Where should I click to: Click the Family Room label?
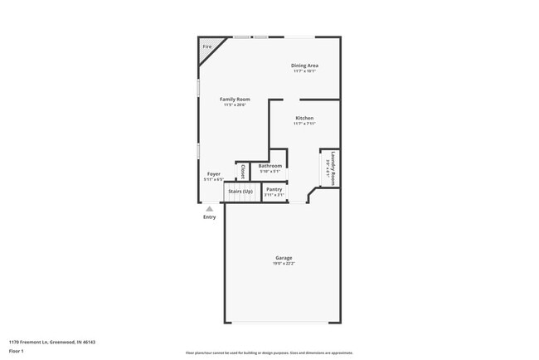coord(236,99)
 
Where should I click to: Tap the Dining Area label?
coord(304,66)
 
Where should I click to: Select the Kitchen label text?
coord(304,118)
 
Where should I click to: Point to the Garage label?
coord(284,257)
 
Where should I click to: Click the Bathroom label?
coord(269,166)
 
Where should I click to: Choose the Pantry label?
coord(274,190)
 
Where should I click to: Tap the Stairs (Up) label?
coord(240,191)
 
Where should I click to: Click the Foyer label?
coord(214,173)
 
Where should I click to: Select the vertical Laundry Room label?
coord(333,167)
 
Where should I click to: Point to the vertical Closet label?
coord(242,172)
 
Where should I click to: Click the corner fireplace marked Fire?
coord(206,47)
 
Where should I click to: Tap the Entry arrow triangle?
coord(210,209)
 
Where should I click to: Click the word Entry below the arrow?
coord(210,217)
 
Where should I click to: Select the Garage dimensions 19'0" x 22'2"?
coord(284,263)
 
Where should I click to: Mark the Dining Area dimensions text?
coord(304,71)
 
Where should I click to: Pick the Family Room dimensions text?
coord(236,105)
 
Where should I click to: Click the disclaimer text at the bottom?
coord(269,353)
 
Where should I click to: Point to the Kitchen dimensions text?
coord(304,124)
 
